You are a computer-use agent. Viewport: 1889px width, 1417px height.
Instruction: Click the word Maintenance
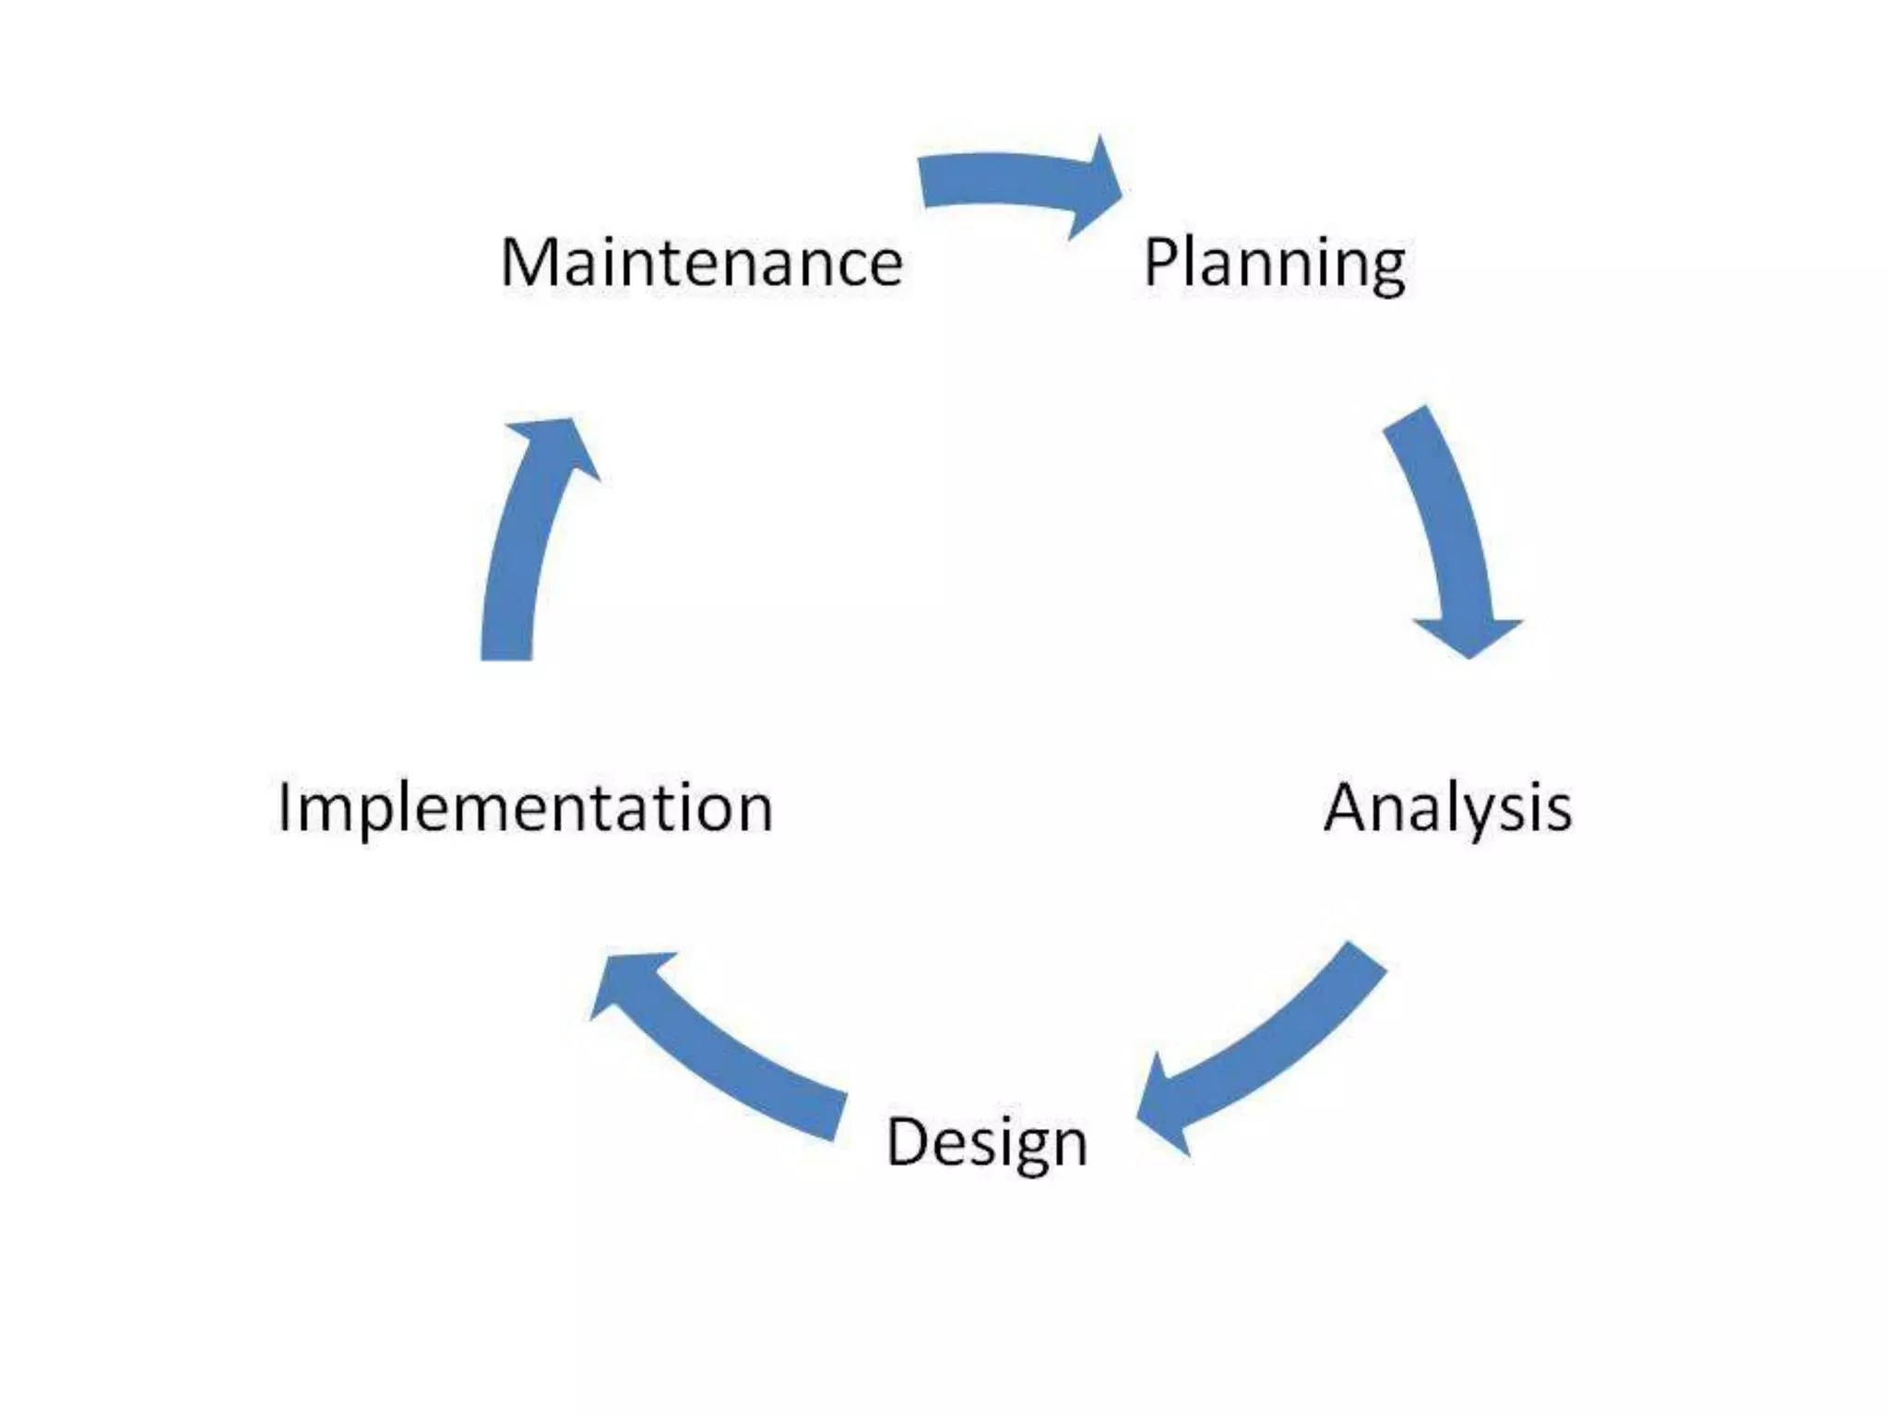701,263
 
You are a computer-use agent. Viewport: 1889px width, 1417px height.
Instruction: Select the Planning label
1274,263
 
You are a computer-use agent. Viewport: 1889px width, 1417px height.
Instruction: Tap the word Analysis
1447,808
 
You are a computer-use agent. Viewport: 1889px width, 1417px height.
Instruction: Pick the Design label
986,1142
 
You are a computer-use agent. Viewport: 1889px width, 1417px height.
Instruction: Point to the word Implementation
525,808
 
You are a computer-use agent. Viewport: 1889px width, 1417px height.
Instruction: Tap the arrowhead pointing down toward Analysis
1467,637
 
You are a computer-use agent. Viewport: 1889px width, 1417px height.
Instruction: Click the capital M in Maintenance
529,263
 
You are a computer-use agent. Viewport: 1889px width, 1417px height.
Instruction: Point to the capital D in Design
908,1141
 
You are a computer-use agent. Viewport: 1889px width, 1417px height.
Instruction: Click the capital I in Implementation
284,807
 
